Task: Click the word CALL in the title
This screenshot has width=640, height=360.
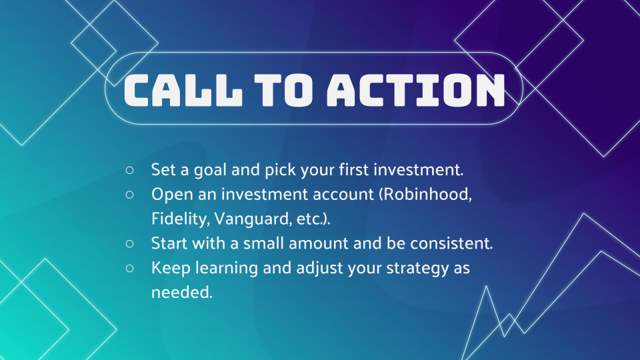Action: (x=183, y=90)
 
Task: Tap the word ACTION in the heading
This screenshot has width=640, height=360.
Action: (x=416, y=90)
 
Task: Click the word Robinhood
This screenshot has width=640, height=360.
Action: (x=427, y=194)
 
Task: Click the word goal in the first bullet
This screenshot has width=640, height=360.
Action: (x=210, y=170)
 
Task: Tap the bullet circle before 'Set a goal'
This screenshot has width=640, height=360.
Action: (x=129, y=170)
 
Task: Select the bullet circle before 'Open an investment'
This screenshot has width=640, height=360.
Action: (x=129, y=195)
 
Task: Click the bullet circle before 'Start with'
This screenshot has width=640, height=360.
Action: (x=129, y=244)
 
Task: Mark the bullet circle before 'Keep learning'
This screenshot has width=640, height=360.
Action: (x=129, y=268)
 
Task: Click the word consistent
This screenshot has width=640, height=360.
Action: (x=451, y=243)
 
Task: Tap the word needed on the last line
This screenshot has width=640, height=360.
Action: (x=182, y=292)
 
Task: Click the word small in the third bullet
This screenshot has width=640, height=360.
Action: (x=264, y=243)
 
